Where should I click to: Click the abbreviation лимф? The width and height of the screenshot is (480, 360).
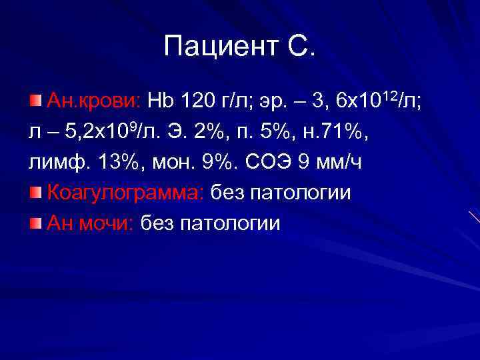point(53,163)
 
